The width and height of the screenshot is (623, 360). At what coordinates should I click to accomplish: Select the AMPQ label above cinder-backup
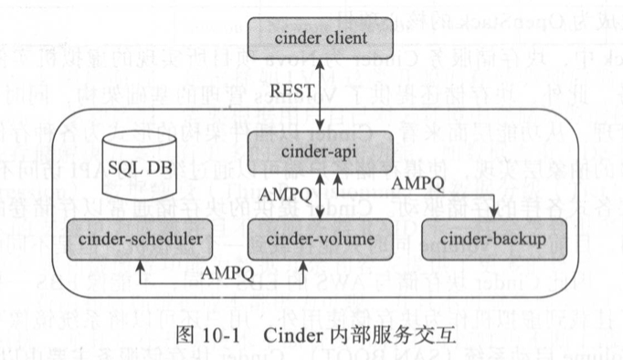coord(420,185)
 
